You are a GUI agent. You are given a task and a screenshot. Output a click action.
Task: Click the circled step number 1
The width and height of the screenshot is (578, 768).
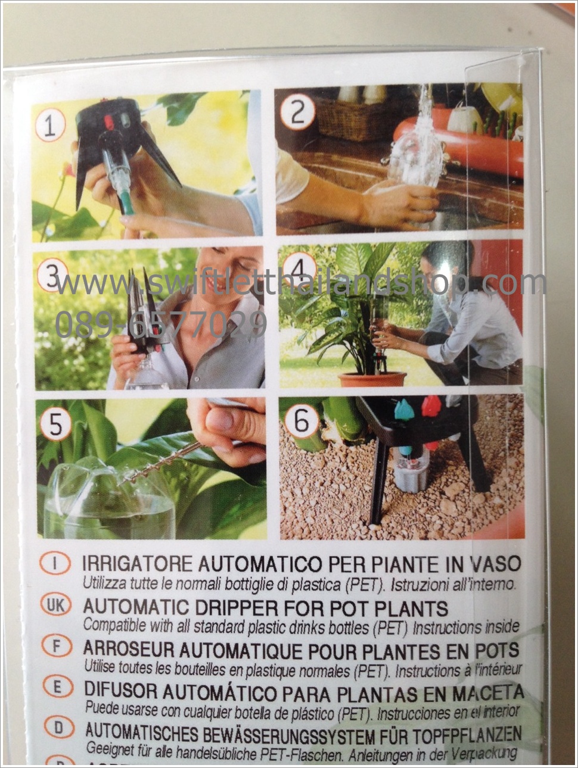51,126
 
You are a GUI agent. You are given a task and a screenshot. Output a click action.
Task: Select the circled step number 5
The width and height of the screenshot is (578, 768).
55,425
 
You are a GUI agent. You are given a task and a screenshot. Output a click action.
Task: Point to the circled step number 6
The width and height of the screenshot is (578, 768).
301,421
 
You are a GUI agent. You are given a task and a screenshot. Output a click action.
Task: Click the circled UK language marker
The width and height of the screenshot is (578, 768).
55,606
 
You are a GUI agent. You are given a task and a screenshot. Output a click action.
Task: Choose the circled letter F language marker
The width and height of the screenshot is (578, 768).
57,646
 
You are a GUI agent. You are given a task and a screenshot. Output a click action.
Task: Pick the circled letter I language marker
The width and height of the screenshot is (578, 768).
55,564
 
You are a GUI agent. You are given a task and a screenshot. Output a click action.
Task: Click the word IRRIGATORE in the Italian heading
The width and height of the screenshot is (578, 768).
138,564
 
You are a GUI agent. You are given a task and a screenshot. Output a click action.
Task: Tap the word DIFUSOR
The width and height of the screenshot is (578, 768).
121,689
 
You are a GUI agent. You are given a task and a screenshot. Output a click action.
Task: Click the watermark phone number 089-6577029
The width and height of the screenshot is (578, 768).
161,324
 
